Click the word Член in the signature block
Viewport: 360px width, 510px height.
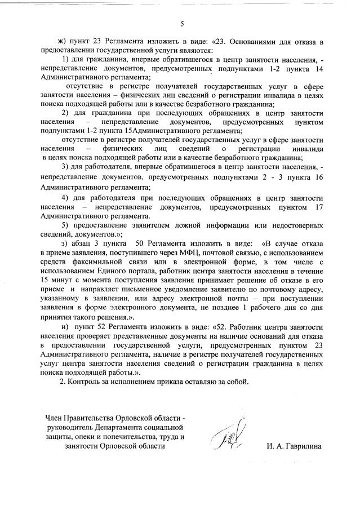[x=55, y=418]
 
